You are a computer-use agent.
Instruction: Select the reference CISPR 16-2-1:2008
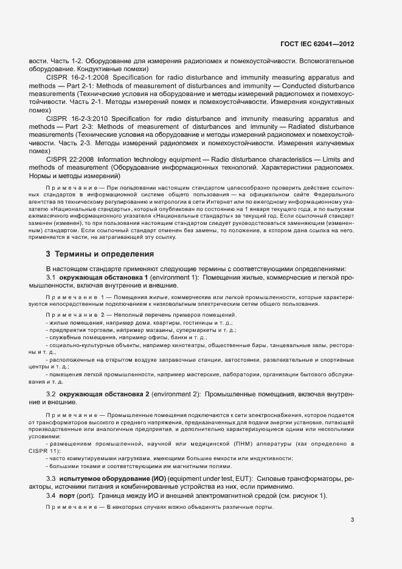[x=75, y=78]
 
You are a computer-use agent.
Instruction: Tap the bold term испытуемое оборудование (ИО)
[x=105, y=479]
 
